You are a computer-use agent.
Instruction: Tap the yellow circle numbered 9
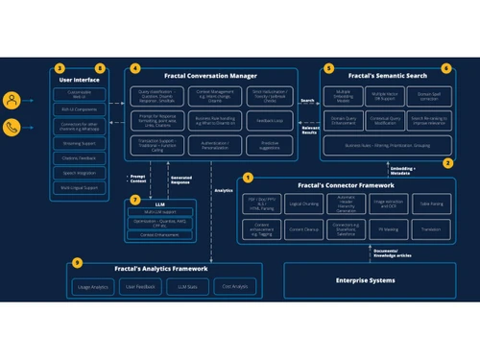(77, 263)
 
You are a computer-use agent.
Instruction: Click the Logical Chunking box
(306, 204)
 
